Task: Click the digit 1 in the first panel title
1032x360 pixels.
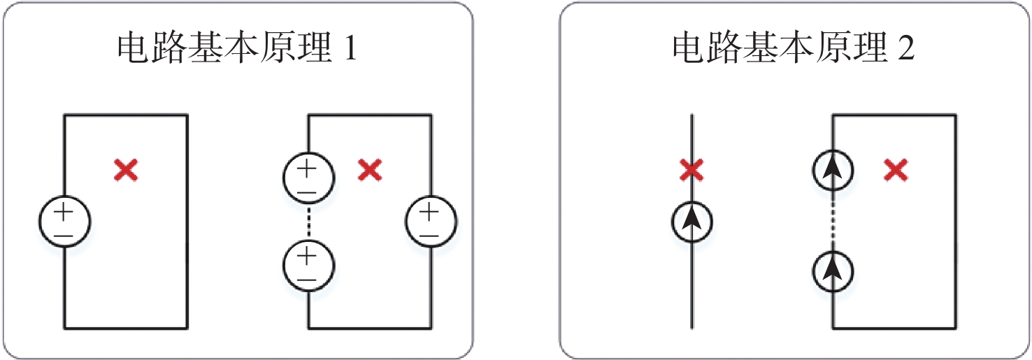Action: click(x=350, y=48)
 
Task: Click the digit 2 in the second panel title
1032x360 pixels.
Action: click(x=905, y=48)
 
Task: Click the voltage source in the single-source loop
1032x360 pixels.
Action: click(x=64, y=222)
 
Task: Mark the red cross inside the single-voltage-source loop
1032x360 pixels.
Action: click(x=126, y=171)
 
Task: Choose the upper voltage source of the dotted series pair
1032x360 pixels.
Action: click(x=308, y=178)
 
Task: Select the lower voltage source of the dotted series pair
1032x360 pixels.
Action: click(x=308, y=266)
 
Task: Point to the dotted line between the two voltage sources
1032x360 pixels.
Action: click(x=308, y=222)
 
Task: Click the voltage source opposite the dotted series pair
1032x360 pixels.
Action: click(x=431, y=222)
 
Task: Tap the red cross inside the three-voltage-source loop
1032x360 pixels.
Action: click(x=370, y=171)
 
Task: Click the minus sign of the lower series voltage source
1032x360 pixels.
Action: click(x=307, y=280)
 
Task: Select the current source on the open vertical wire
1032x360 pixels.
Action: click(x=691, y=222)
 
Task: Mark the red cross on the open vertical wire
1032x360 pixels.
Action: click(x=691, y=171)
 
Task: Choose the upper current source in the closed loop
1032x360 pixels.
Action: click(x=833, y=171)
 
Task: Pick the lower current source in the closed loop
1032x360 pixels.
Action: click(x=833, y=271)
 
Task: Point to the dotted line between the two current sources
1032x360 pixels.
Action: click(x=833, y=221)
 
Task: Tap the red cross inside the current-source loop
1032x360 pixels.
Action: click(x=896, y=171)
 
